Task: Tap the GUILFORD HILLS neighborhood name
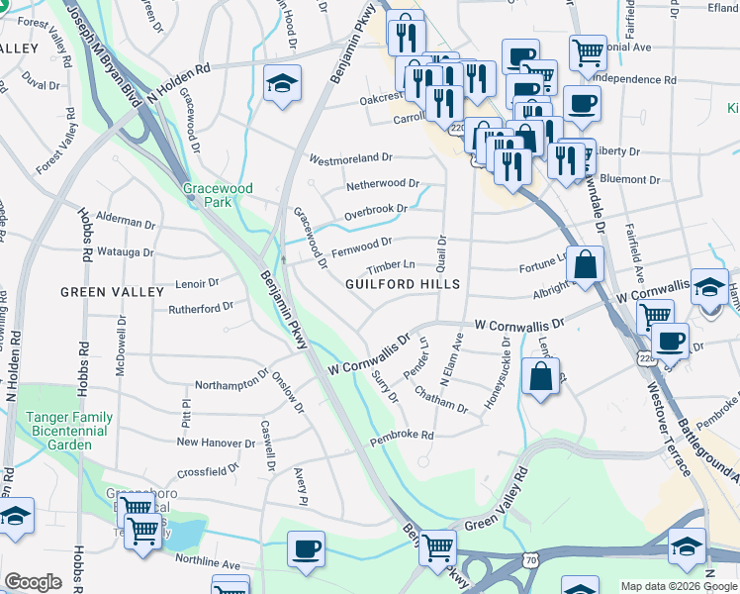(403, 284)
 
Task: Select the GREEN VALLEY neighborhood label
(112, 292)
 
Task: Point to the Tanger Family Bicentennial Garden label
(65, 432)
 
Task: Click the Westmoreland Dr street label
(351, 158)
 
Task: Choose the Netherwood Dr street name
(382, 184)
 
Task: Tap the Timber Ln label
(391, 265)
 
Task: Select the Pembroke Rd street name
(402, 436)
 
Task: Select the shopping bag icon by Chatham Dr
(540, 379)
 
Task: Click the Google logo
(33, 582)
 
